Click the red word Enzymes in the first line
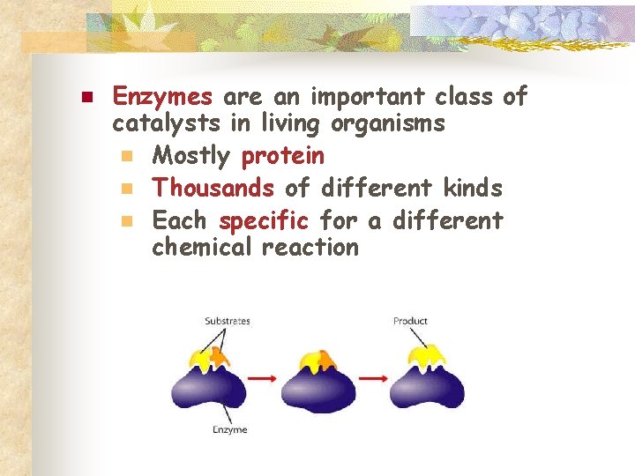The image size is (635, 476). (163, 96)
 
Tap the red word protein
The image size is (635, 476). (282, 157)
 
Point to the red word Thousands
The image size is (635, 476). (213, 188)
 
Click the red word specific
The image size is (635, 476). (264, 219)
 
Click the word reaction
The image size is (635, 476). (310, 248)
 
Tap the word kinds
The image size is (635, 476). (473, 188)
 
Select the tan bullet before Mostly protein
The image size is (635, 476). (127, 157)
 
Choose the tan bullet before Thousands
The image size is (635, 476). (127, 188)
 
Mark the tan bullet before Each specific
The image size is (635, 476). (127, 219)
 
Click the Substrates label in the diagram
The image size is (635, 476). (227, 321)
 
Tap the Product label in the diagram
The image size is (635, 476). (410, 321)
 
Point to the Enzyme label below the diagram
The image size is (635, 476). (229, 429)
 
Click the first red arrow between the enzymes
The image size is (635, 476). (261, 378)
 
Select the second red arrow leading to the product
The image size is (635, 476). (372, 378)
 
